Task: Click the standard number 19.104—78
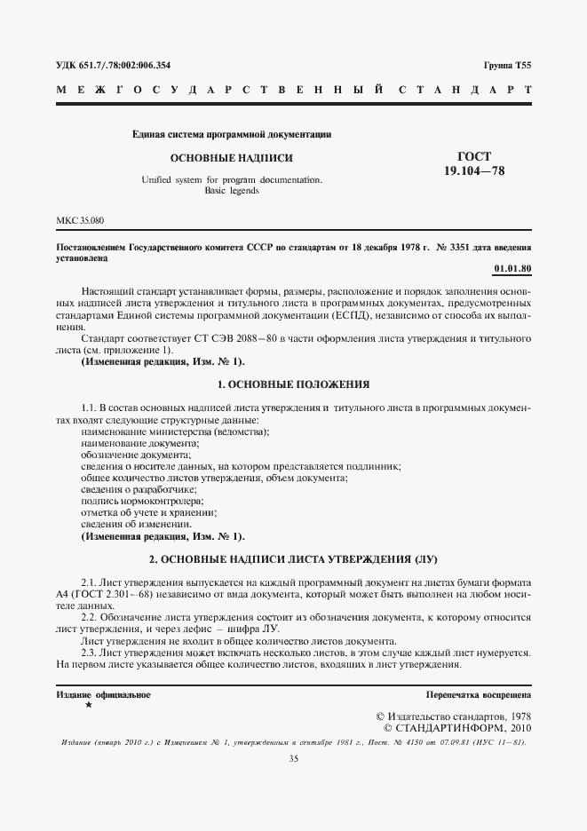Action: (x=474, y=170)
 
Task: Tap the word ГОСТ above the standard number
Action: (x=474, y=156)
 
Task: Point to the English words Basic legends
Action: (x=232, y=191)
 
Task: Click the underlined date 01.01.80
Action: (x=512, y=268)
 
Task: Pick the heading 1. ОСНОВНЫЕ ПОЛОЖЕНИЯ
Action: (x=293, y=384)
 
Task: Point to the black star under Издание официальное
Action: (x=87, y=704)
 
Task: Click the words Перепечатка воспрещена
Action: (x=478, y=695)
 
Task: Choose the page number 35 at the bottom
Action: (x=293, y=758)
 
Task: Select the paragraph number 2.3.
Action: (x=90, y=653)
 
